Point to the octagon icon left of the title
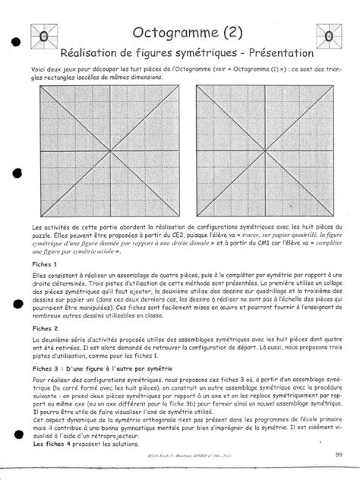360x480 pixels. coord(44,36)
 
